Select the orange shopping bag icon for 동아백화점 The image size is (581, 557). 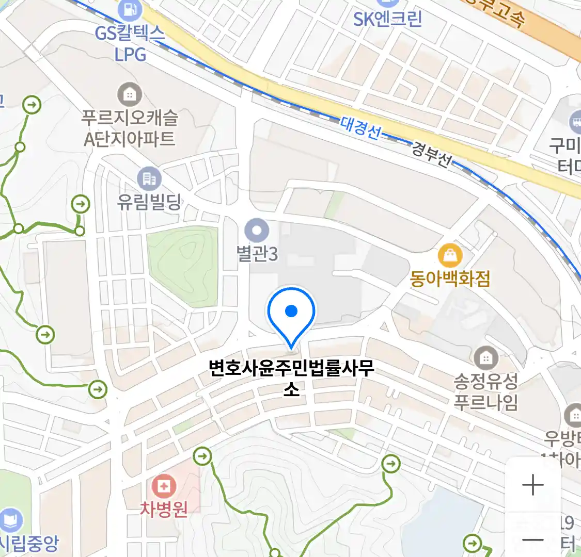[x=450, y=255]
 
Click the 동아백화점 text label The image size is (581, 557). [x=450, y=279]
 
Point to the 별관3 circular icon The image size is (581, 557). [x=257, y=230]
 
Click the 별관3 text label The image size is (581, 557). [x=257, y=254]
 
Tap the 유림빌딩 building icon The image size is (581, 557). [x=149, y=179]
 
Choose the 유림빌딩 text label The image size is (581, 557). [x=149, y=201]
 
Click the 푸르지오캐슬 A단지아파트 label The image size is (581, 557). [x=130, y=128]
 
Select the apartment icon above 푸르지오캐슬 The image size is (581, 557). [x=130, y=94]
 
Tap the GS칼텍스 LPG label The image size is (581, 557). [x=130, y=44]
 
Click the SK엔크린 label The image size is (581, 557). [x=387, y=19]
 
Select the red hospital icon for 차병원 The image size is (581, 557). [x=164, y=486]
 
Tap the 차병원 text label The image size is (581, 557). [x=164, y=510]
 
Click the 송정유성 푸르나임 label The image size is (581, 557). [x=485, y=392]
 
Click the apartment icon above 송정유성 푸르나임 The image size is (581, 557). [x=485, y=357]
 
